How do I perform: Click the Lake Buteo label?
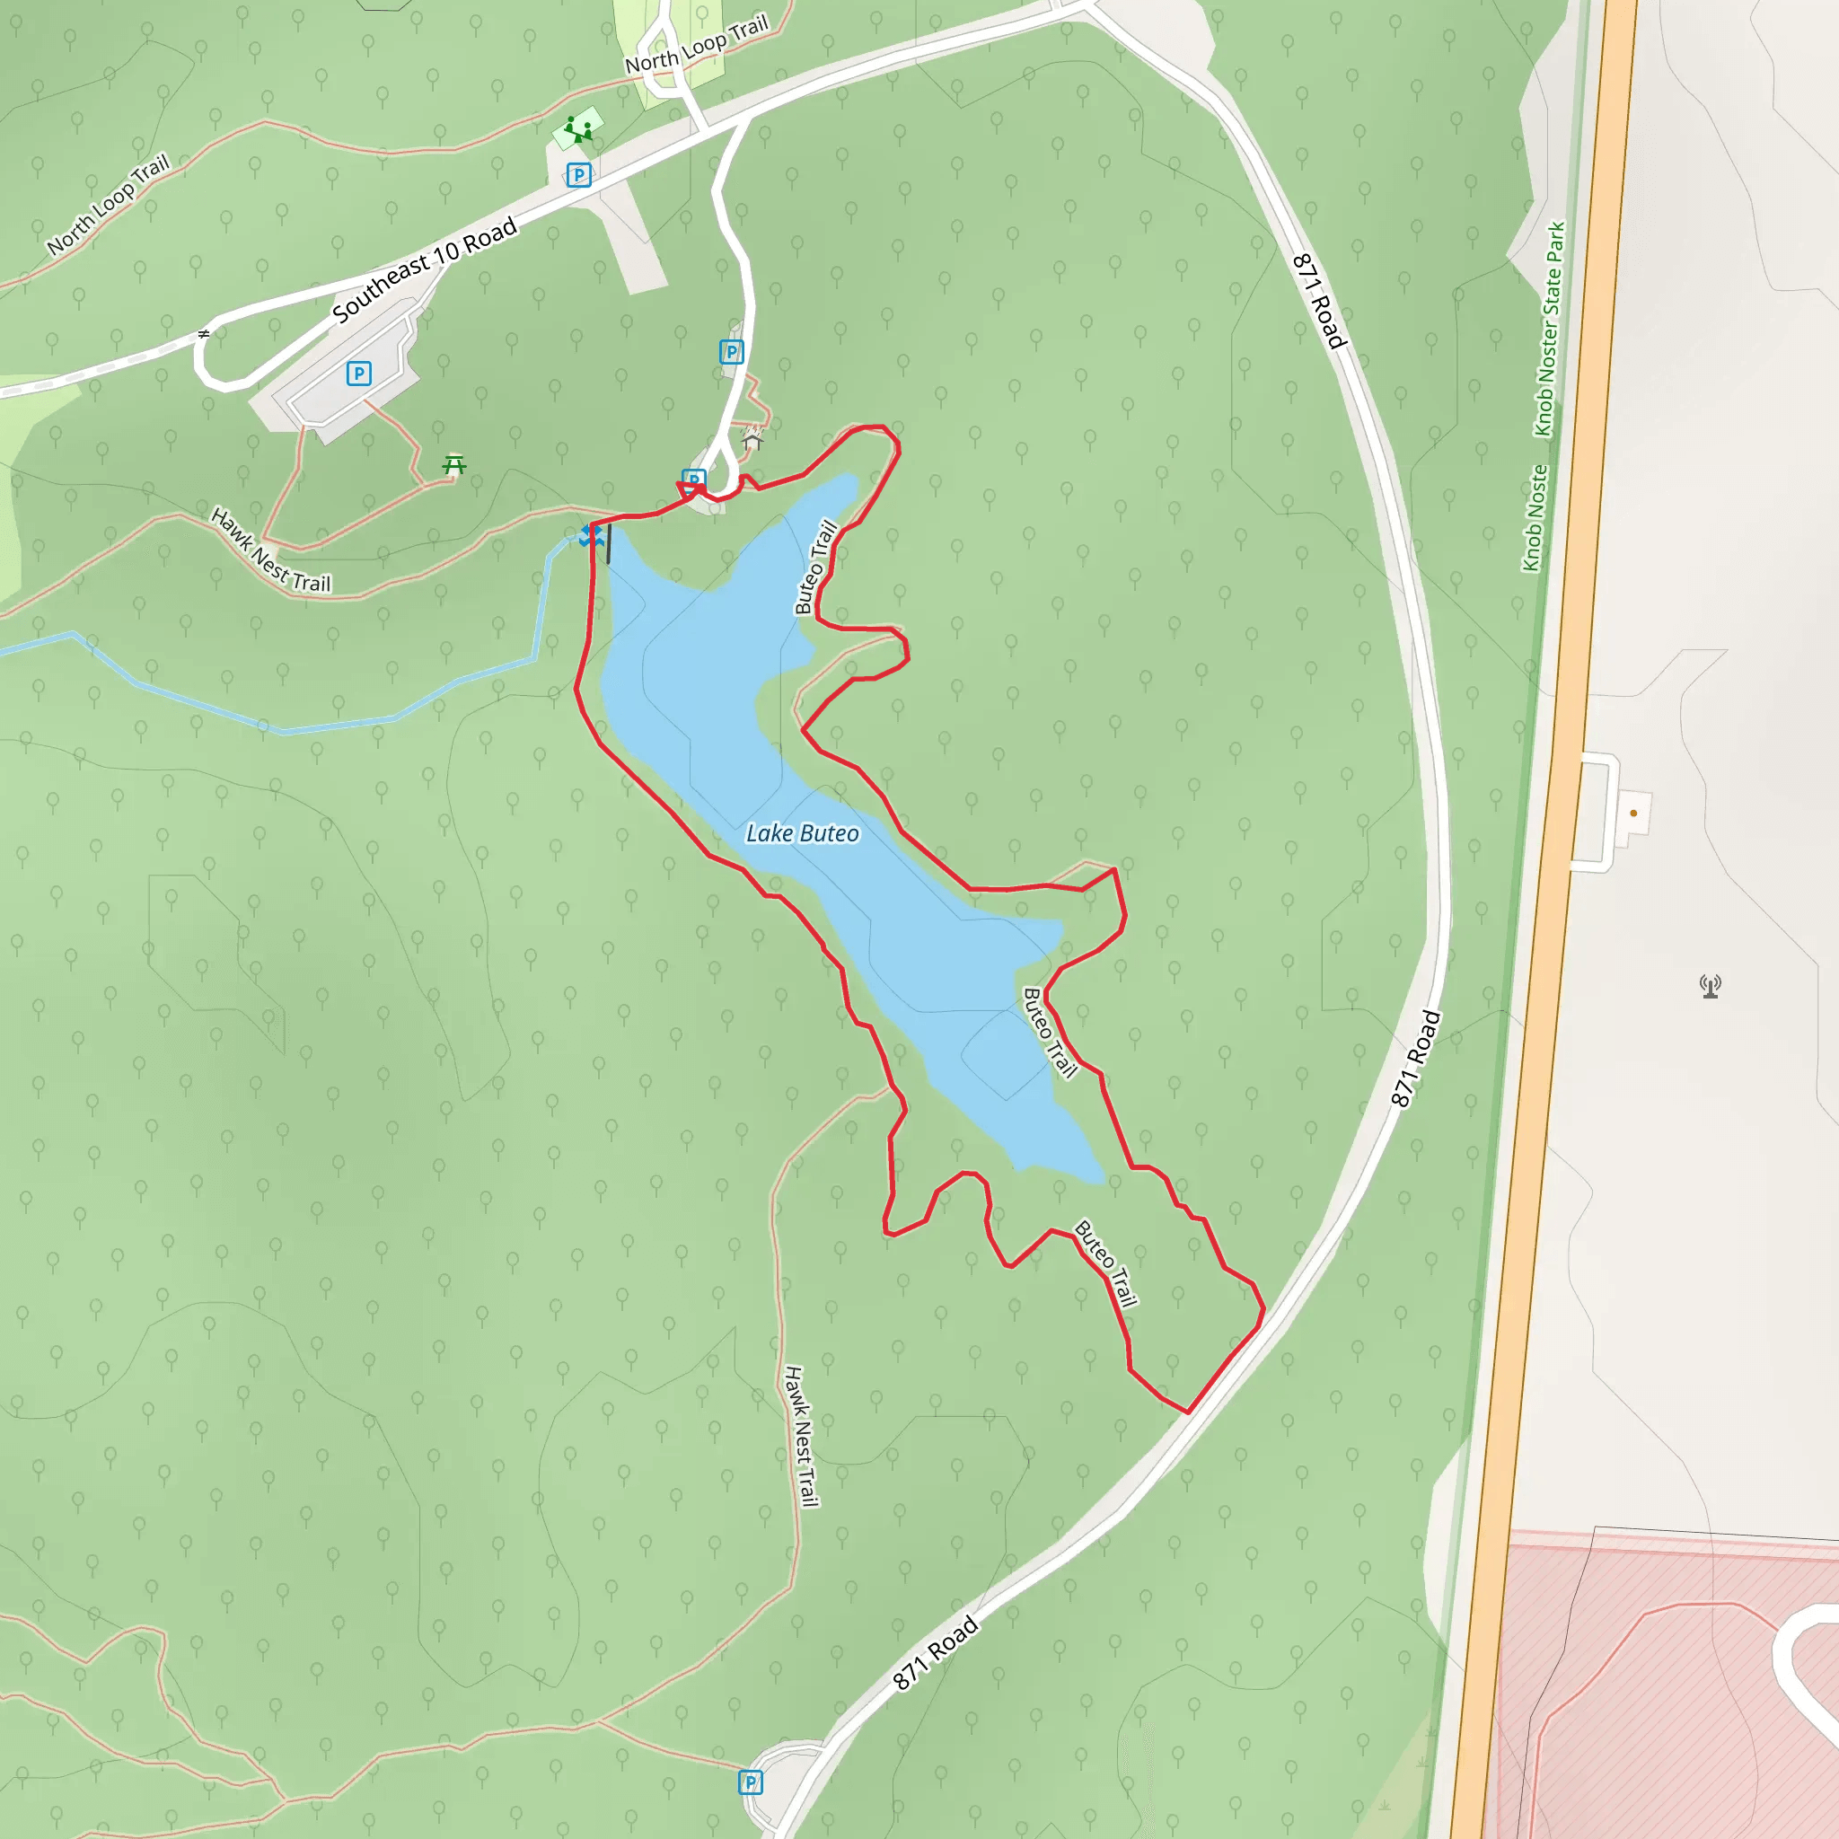[802, 834]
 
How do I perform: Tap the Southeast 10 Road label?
[425, 269]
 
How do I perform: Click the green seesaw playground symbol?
[577, 128]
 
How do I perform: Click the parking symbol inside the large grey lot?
[359, 374]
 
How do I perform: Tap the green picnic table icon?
[455, 464]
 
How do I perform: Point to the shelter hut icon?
[752, 440]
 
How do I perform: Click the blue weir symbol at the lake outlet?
[590, 537]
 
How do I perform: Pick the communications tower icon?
[1711, 986]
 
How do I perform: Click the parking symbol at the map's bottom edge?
[751, 1782]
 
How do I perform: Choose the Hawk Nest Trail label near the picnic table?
[270, 551]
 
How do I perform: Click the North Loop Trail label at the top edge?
[696, 46]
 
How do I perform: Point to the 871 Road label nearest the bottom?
[936, 1652]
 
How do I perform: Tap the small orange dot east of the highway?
[1633, 813]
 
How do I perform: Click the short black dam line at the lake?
[608, 543]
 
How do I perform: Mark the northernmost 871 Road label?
[1319, 301]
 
